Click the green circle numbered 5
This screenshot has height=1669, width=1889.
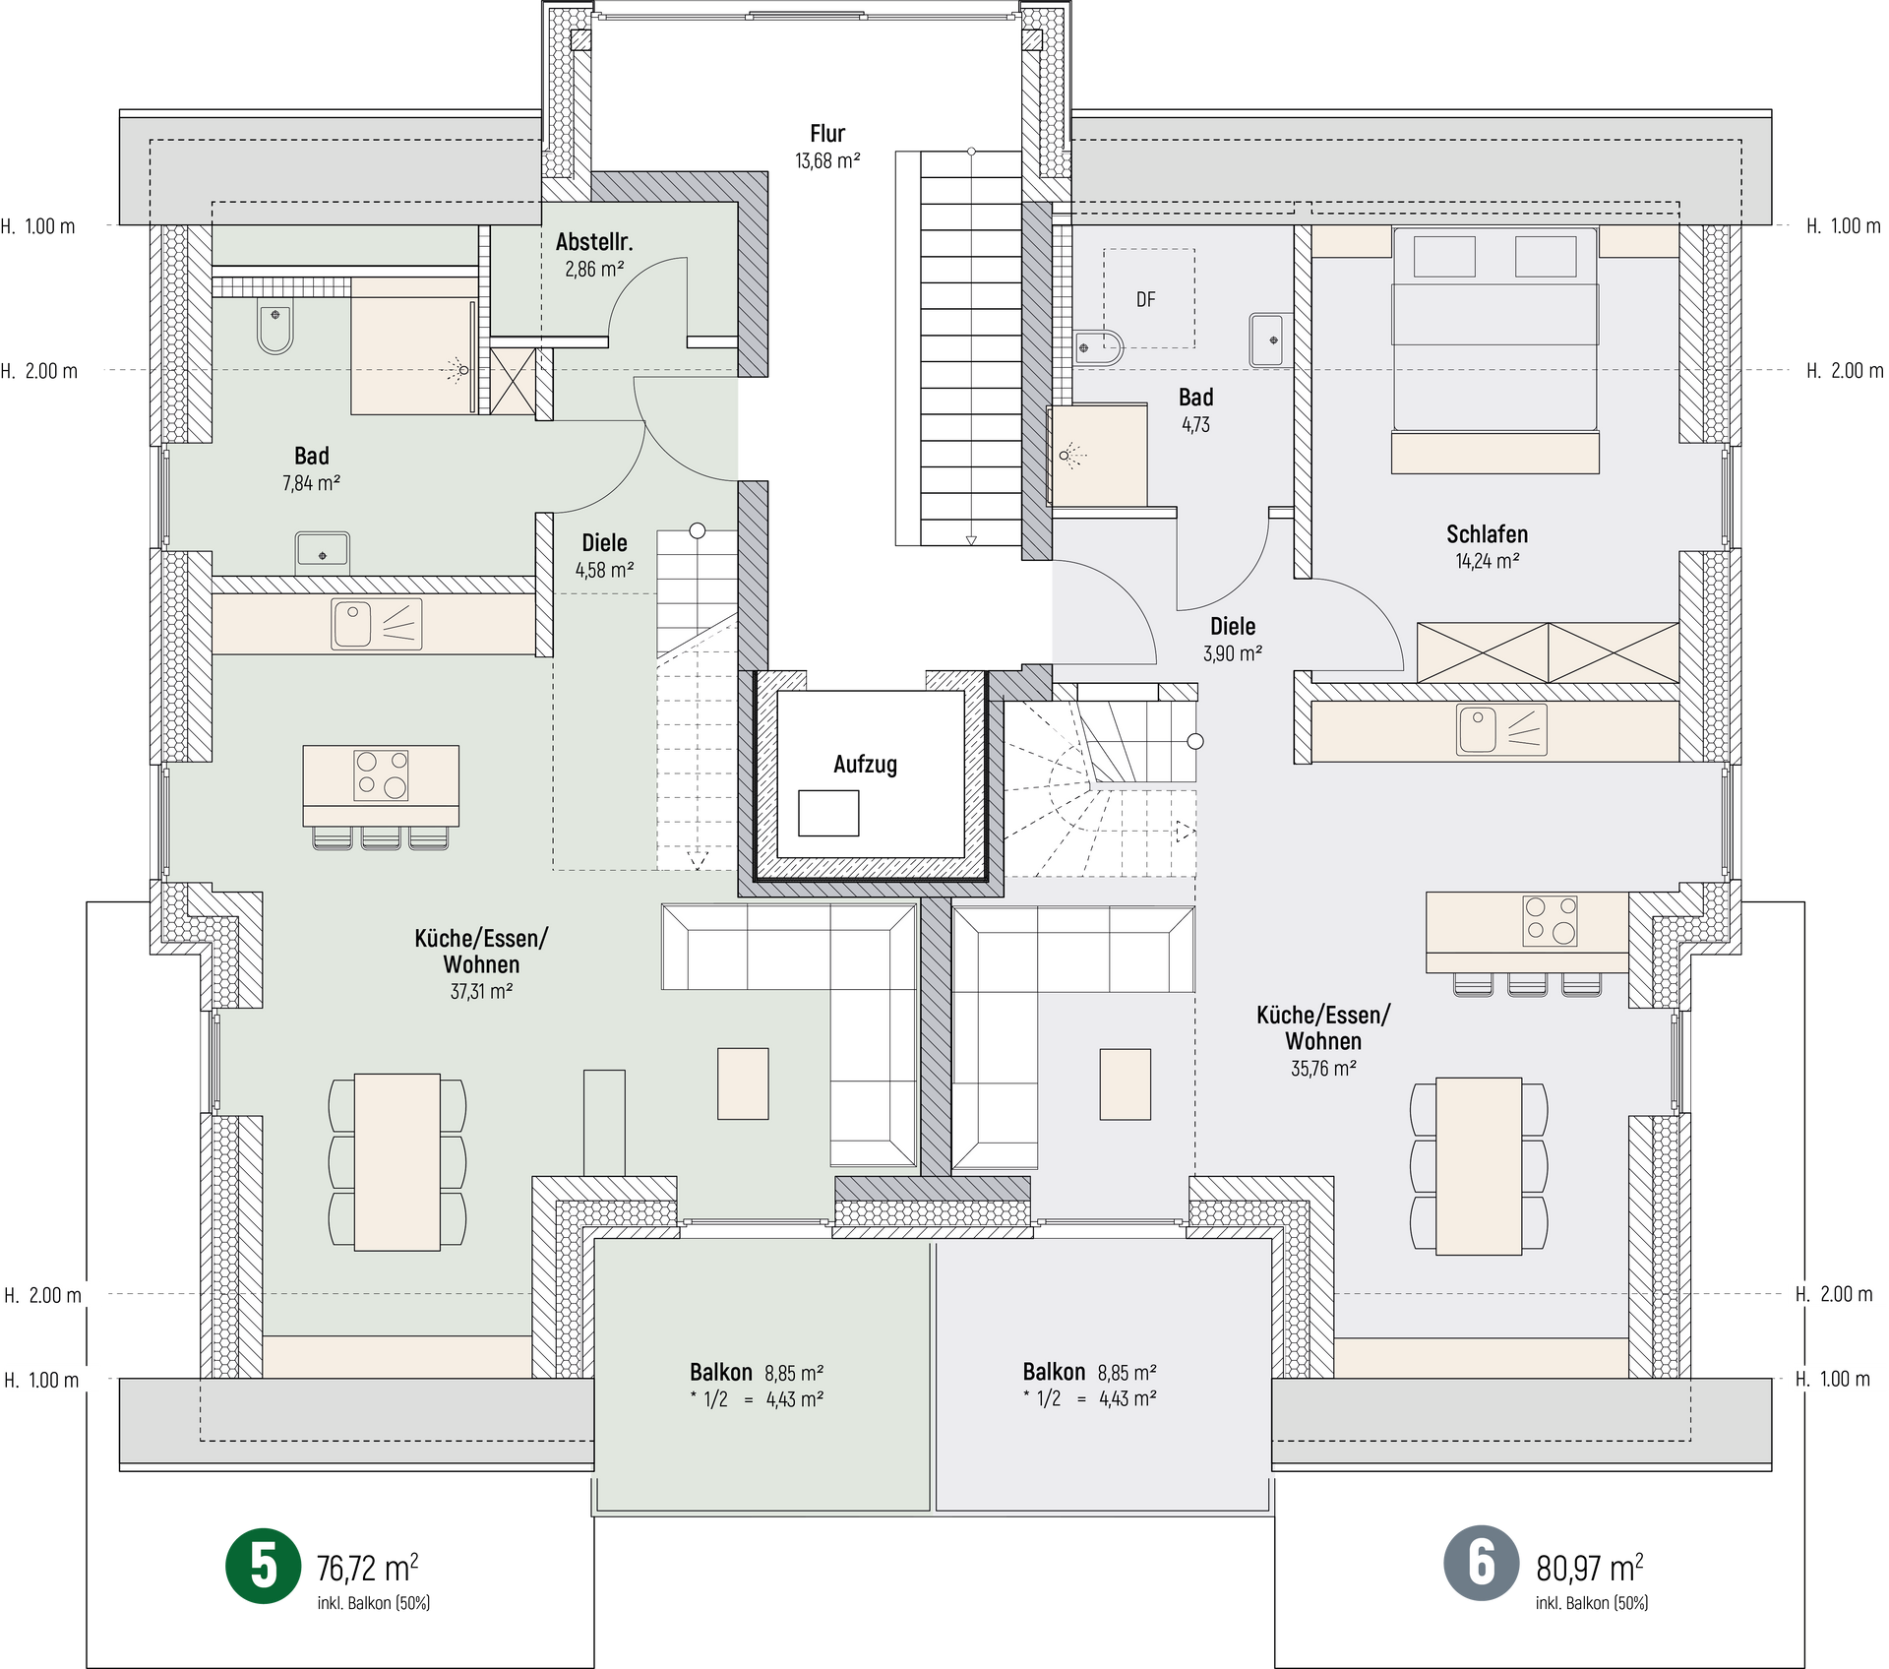264,1566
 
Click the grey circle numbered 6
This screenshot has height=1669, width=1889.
1482,1563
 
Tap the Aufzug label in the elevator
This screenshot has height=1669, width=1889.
865,765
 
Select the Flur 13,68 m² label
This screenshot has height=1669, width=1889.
827,147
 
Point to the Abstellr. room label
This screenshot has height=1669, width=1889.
594,242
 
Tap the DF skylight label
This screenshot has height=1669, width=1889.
1146,299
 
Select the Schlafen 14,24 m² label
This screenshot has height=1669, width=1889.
1487,547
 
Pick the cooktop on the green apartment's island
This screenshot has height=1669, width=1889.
381,774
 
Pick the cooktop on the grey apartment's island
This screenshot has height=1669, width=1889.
1550,920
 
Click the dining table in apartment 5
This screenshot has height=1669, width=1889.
397,1162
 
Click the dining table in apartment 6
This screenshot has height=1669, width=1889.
1479,1166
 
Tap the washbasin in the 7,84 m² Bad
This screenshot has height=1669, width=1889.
323,551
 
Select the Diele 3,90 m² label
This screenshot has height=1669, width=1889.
1233,639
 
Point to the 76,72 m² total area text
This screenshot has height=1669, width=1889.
368,1568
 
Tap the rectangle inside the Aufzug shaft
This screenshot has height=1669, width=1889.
828,814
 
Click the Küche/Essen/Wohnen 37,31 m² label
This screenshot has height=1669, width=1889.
481,964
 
